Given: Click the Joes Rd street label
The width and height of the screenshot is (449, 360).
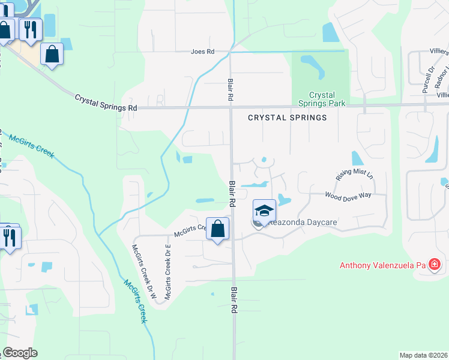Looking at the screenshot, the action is (202, 52).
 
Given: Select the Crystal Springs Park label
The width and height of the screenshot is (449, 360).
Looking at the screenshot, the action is (322, 99).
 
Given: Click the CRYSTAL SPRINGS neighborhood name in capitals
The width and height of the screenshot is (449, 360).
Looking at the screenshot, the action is (288, 118).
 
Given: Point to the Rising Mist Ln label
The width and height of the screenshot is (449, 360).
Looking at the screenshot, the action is (354, 175).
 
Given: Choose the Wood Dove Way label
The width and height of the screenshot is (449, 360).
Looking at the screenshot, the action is (348, 195).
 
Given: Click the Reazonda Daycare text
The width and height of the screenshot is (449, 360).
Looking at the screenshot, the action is (302, 223).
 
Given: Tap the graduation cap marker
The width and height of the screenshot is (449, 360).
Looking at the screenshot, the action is (264, 211).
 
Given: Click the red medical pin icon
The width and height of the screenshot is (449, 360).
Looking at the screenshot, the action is (435, 265).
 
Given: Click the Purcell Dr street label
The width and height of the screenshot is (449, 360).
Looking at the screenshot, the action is (427, 79).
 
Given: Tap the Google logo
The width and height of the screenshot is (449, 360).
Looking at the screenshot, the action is (20, 353).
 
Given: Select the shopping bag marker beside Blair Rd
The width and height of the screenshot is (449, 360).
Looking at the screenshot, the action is (217, 229).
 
